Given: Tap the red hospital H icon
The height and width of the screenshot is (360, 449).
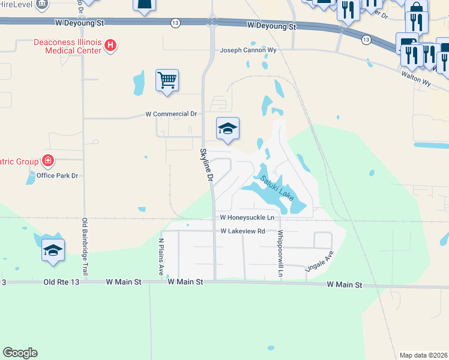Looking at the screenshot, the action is pos(110,45).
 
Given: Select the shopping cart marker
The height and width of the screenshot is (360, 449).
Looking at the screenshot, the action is pos(167,80).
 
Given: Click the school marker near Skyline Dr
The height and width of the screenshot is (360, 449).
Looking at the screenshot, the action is pos(228,128).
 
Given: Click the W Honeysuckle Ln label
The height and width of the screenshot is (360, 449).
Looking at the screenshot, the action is pos(247,217).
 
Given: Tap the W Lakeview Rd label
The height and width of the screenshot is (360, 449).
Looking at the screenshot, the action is pos(243,231).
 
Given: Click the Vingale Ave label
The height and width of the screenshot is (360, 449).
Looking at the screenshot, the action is pos(319,262).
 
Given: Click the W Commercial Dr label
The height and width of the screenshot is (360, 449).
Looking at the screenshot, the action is pos(172,113).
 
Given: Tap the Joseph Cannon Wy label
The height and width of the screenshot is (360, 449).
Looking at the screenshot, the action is pos(248,50).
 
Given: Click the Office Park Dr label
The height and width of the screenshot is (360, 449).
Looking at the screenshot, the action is pos(58,175).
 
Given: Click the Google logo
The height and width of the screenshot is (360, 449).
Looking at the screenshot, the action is pos(20,353).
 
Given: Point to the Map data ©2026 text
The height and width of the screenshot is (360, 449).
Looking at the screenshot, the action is pos(423,355).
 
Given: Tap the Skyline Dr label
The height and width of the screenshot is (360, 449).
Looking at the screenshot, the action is pos(206,165).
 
